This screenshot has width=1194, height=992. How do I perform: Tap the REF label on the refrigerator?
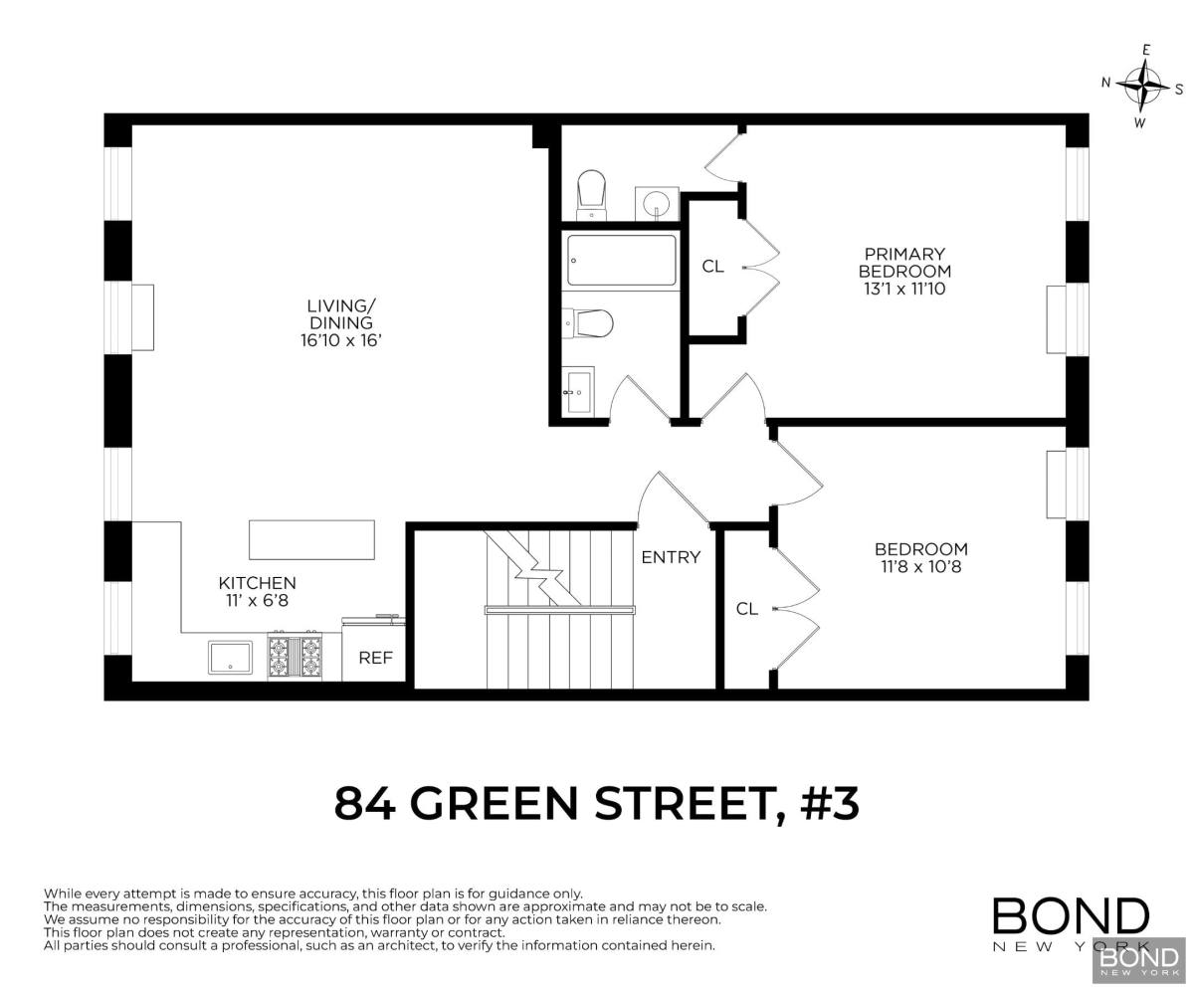coord(375,658)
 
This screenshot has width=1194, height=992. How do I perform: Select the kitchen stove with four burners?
coord(295,656)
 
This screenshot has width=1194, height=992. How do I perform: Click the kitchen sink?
coord(230,658)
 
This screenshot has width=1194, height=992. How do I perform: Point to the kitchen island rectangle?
coord(311,539)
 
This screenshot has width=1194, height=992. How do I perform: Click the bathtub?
coord(621,260)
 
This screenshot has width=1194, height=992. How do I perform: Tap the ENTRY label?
coord(671,557)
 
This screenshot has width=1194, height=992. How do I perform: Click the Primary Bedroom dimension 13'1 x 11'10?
coord(904,289)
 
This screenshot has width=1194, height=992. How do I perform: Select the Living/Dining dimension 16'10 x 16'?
coord(341,340)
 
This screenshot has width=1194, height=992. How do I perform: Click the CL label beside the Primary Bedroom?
coord(712,267)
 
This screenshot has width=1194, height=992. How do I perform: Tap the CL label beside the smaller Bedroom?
coord(747,609)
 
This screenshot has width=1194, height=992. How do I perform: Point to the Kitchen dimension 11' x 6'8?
coord(258,601)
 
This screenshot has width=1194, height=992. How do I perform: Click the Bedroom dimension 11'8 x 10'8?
coord(921,567)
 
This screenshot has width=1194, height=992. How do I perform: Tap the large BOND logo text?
coord(1071,916)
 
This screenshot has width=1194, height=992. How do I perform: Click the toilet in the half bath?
coord(592,194)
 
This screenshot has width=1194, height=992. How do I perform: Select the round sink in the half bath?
coord(657,204)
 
